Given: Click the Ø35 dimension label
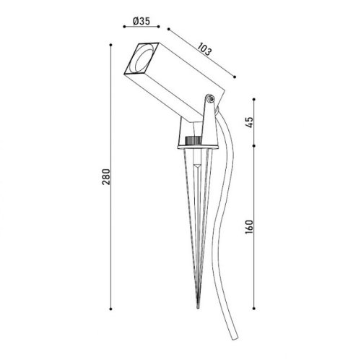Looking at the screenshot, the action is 142,21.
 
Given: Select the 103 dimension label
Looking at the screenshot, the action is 204,49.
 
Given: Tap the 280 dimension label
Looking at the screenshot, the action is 106,177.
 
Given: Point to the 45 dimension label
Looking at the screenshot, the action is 250,122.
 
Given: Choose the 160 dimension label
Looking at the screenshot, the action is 249,226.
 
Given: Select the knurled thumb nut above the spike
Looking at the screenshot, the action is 193,140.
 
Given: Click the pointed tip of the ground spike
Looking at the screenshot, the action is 198,307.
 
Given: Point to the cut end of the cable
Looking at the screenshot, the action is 235,338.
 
